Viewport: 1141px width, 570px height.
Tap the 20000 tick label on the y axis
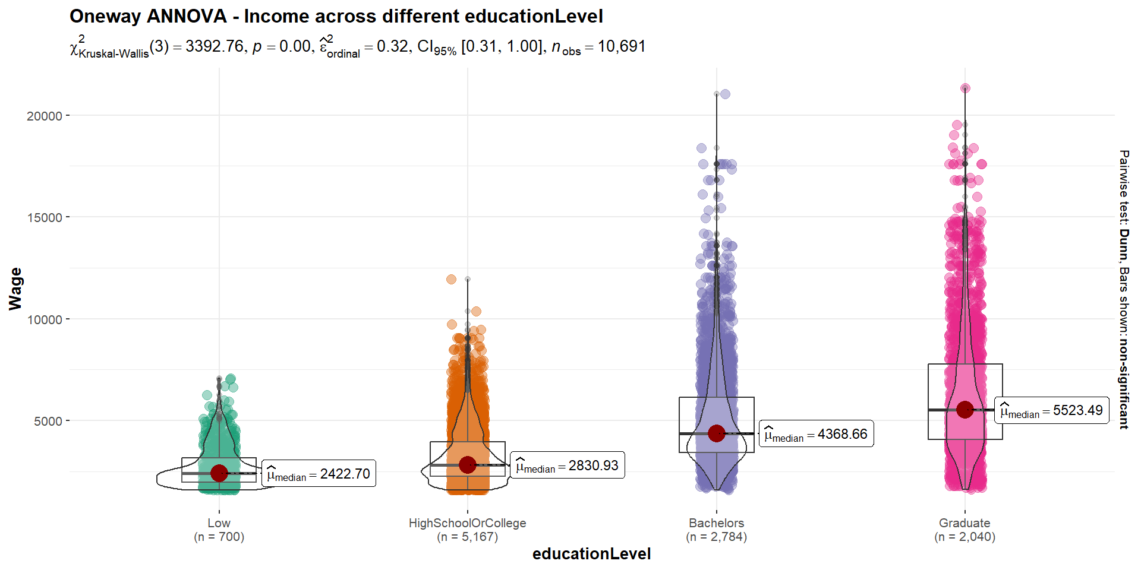pos(45,116)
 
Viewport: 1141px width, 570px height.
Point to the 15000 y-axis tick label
pos(45,217)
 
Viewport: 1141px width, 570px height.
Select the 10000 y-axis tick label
pos(45,319)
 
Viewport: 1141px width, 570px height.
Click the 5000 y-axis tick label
pos(48,421)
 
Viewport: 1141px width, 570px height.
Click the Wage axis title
pos(15,289)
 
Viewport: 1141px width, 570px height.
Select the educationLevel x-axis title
pos(591,554)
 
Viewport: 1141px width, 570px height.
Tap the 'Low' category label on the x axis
pos(219,523)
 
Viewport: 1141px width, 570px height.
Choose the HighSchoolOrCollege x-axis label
pos(467,523)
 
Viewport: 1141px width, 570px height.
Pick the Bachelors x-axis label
pos(716,523)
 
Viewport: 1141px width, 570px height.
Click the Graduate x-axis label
pos(965,523)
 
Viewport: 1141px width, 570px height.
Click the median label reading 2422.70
pos(319,474)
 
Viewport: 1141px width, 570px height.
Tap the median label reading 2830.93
pos(567,465)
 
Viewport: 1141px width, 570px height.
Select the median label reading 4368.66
pos(816,434)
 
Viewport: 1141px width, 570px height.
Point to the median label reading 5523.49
pos(1051,410)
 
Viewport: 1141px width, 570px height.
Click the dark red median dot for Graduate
pos(965,409)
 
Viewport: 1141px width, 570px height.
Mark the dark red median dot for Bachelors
pos(717,433)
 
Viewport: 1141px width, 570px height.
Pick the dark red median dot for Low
pos(219,473)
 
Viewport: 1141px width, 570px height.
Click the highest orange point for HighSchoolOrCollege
pos(451,279)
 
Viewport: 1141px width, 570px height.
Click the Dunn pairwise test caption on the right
pos(1123,289)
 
